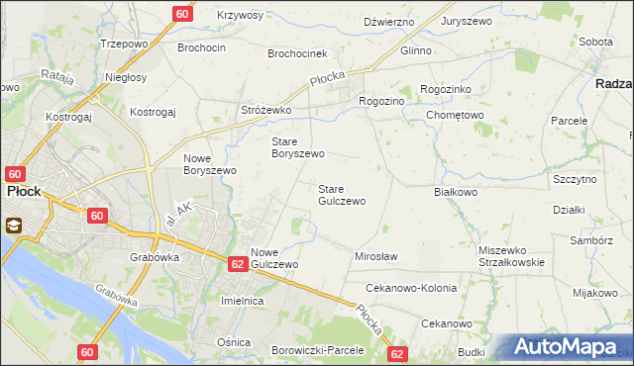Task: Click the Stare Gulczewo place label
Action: pyautogui.click(x=341, y=194)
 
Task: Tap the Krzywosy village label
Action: pyautogui.click(x=240, y=16)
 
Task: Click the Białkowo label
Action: pyautogui.click(x=457, y=193)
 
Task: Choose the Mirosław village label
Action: pyautogui.click(x=375, y=256)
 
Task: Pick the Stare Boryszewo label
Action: pyautogui.click(x=298, y=147)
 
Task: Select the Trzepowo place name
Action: pyautogui.click(x=124, y=45)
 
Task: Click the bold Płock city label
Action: pyautogui.click(x=23, y=192)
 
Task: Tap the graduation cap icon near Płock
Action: pyautogui.click(x=16, y=225)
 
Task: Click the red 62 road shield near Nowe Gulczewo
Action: pyautogui.click(x=237, y=264)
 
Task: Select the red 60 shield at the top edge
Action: pyautogui.click(x=182, y=14)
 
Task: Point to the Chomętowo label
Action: pyautogui.click(x=454, y=115)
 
